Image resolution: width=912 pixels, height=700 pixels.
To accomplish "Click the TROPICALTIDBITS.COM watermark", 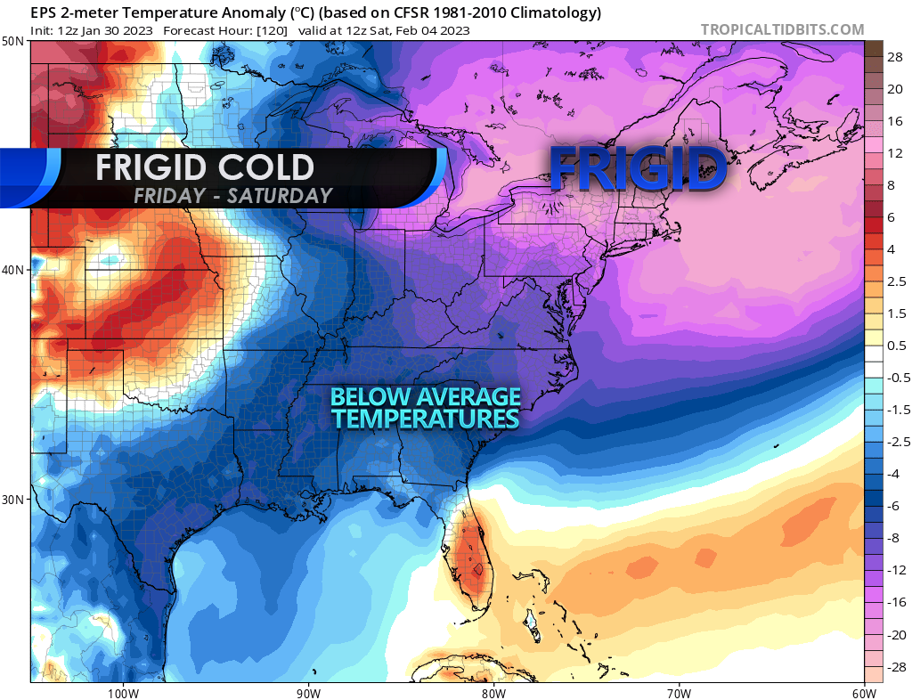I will click(x=782, y=29).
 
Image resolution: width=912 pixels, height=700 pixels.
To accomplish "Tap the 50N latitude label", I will click(x=13, y=41).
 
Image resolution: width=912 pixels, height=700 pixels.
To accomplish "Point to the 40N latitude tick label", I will click(x=13, y=270).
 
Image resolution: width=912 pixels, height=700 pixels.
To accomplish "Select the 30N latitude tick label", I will click(x=13, y=499).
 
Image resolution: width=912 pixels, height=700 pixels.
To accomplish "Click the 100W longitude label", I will click(x=123, y=692).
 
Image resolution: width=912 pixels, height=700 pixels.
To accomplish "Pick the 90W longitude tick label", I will click(x=308, y=692).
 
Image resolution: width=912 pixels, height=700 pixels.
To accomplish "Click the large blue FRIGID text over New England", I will click(x=637, y=168).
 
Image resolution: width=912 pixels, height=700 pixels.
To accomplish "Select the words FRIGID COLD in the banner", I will click(x=205, y=167).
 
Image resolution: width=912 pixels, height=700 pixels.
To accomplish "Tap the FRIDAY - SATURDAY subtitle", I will click(x=232, y=196).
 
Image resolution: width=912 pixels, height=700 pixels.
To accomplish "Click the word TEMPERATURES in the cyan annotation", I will click(x=426, y=417).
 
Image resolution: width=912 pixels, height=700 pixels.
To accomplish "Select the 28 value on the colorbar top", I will click(x=895, y=56).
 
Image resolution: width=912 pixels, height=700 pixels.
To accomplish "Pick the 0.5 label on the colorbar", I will click(x=897, y=346).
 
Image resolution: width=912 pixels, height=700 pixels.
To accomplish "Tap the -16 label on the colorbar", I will click(x=895, y=602).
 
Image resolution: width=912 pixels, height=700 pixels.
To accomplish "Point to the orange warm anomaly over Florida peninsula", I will click(x=470, y=561).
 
